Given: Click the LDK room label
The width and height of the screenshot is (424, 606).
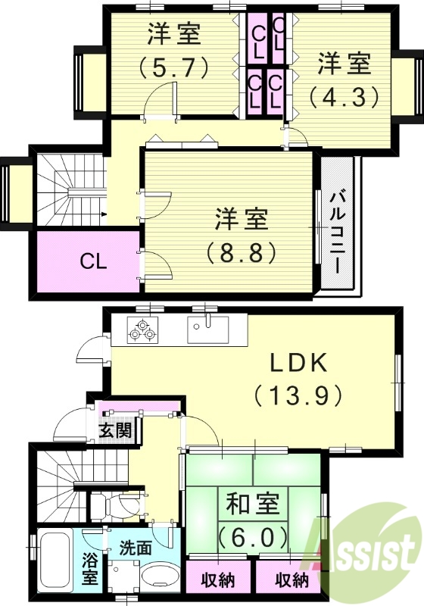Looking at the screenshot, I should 299,363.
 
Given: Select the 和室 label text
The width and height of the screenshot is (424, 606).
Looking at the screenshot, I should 253,504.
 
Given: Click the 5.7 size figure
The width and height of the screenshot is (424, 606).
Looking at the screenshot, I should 173,67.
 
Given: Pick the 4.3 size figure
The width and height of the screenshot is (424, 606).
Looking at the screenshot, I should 343,97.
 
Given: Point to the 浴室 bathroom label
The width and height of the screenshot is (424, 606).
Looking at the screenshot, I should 89,569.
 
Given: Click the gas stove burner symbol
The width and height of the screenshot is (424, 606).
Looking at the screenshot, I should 142,330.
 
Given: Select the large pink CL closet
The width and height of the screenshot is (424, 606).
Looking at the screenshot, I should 86,263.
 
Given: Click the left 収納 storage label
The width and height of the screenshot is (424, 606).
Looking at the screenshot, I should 218,582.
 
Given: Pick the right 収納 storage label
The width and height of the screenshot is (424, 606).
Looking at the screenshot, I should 291,582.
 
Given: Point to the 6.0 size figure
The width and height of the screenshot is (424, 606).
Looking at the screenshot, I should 253,537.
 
